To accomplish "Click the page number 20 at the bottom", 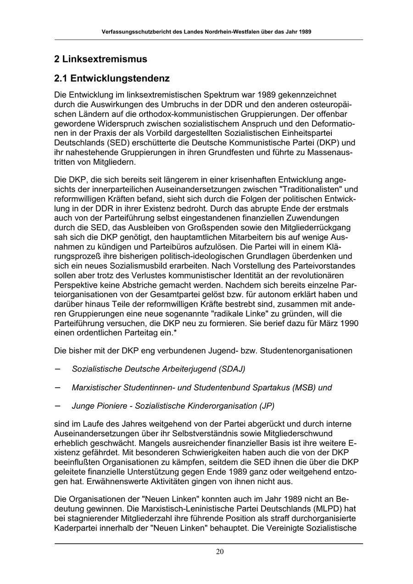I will [220, 552].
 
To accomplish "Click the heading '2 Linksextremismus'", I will [100, 59].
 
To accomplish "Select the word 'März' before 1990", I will [329, 323].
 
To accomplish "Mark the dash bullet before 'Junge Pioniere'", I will [58, 406].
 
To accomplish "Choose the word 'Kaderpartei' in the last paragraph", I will [77, 528].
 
